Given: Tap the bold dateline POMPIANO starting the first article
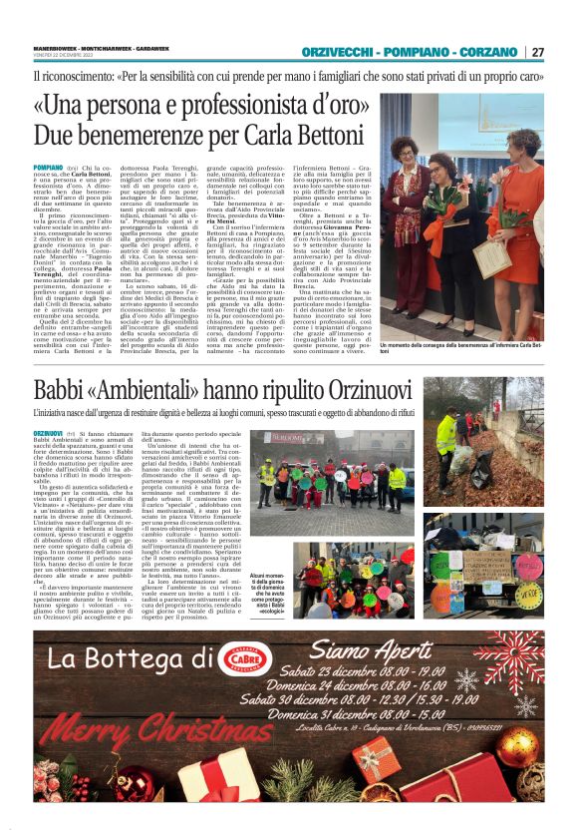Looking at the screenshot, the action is click(x=47, y=172).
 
